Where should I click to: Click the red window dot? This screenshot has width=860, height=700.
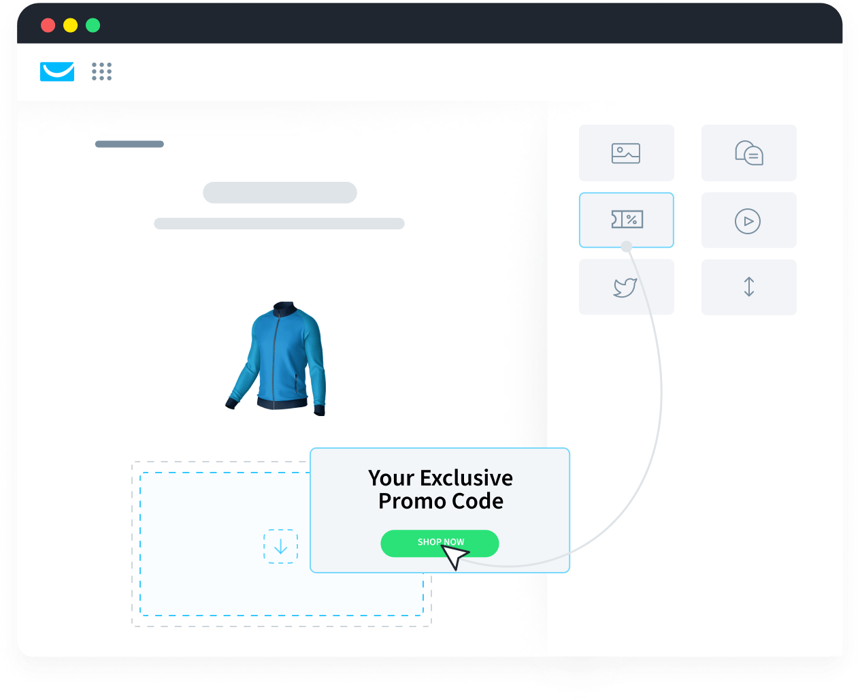point(48,25)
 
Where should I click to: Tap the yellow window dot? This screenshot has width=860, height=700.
point(70,25)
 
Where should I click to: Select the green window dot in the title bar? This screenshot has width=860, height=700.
point(93,25)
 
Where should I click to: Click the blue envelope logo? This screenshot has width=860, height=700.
point(57,71)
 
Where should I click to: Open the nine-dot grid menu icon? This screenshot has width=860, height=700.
point(101,71)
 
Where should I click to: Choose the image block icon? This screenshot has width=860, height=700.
point(625,153)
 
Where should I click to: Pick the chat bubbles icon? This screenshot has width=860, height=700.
point(749,153)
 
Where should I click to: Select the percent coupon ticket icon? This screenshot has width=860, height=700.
point(627,219)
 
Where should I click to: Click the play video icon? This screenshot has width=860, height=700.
point(747,221)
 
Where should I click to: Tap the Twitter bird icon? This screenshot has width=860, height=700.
point(625,287)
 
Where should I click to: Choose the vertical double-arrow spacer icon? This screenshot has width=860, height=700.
point(748,287)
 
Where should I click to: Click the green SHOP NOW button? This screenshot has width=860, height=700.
point(440,543)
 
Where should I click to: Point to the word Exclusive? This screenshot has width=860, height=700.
point(466,478)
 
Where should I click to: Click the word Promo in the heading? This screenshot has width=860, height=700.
point(412,502)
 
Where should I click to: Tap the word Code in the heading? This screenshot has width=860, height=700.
point(478,501)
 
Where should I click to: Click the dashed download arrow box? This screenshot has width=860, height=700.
point(280,546)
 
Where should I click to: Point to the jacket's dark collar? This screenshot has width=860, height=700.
point(286,308)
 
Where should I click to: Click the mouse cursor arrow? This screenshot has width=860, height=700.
point(454,556)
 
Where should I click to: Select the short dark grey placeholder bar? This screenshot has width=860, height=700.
point(129,144)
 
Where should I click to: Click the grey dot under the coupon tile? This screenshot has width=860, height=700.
point(626,246)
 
